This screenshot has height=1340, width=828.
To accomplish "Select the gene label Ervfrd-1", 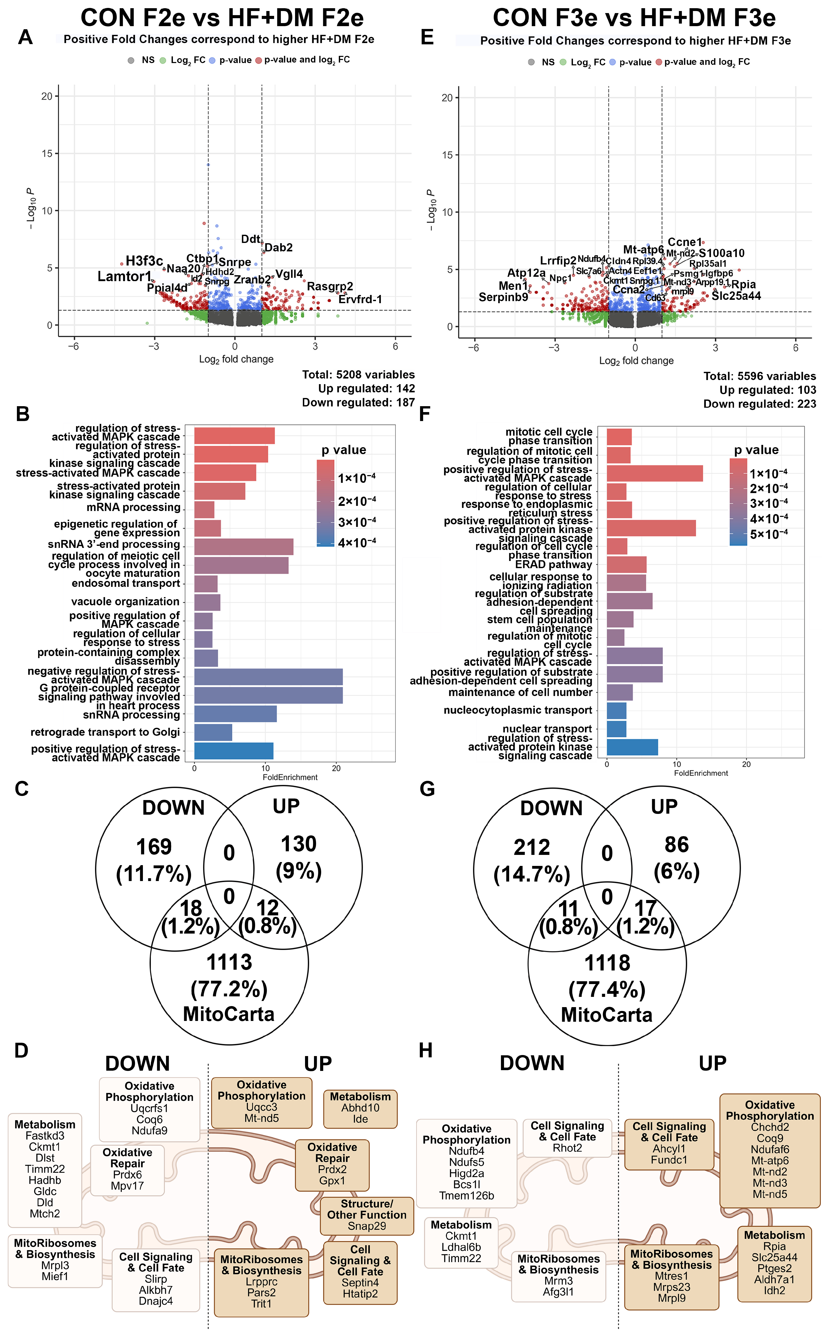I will [360, 299].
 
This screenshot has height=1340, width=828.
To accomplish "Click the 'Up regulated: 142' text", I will [366, 388].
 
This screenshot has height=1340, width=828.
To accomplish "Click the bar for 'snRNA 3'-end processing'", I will [244, 547].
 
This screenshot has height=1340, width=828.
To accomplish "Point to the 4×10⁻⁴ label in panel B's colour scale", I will [357, 542].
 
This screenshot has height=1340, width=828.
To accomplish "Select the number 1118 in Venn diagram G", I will [607, 963].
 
